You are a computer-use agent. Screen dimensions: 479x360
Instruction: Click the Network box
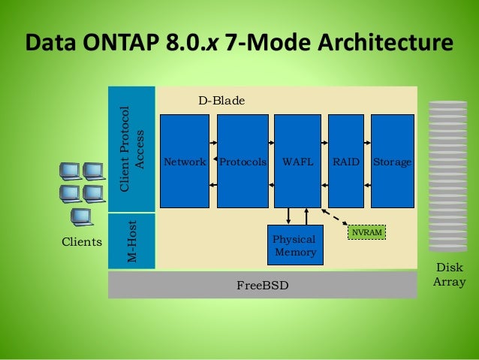[x=185, y=161]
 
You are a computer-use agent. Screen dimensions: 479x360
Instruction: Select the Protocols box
[x=243, y=161]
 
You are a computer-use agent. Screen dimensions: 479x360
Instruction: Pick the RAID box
[x=346, y=161]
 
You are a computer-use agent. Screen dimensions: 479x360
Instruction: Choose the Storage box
[x=393, y=161]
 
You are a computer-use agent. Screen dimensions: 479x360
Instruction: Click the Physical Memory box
[x=295, y=245]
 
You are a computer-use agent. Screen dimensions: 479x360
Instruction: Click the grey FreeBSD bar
[x=262, y=286]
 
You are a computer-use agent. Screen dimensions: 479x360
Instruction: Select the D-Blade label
[x=221, y=99]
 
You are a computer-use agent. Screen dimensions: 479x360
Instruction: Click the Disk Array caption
[x=450, y=274]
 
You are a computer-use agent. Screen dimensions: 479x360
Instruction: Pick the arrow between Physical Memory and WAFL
[x=289, y=216]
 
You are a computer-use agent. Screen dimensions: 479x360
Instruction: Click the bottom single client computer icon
[x=80, y=217]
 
